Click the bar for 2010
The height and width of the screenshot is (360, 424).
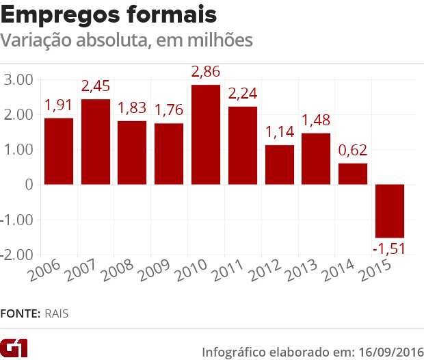[206, 135]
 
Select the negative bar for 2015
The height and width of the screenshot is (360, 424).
[390, 211]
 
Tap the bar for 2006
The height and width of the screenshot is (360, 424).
[59, 151]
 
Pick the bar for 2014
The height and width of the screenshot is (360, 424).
[353, 174]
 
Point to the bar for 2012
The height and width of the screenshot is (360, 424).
[280, 165]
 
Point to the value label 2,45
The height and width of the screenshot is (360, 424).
[96, 87]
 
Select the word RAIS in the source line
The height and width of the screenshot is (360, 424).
[57, 314]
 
